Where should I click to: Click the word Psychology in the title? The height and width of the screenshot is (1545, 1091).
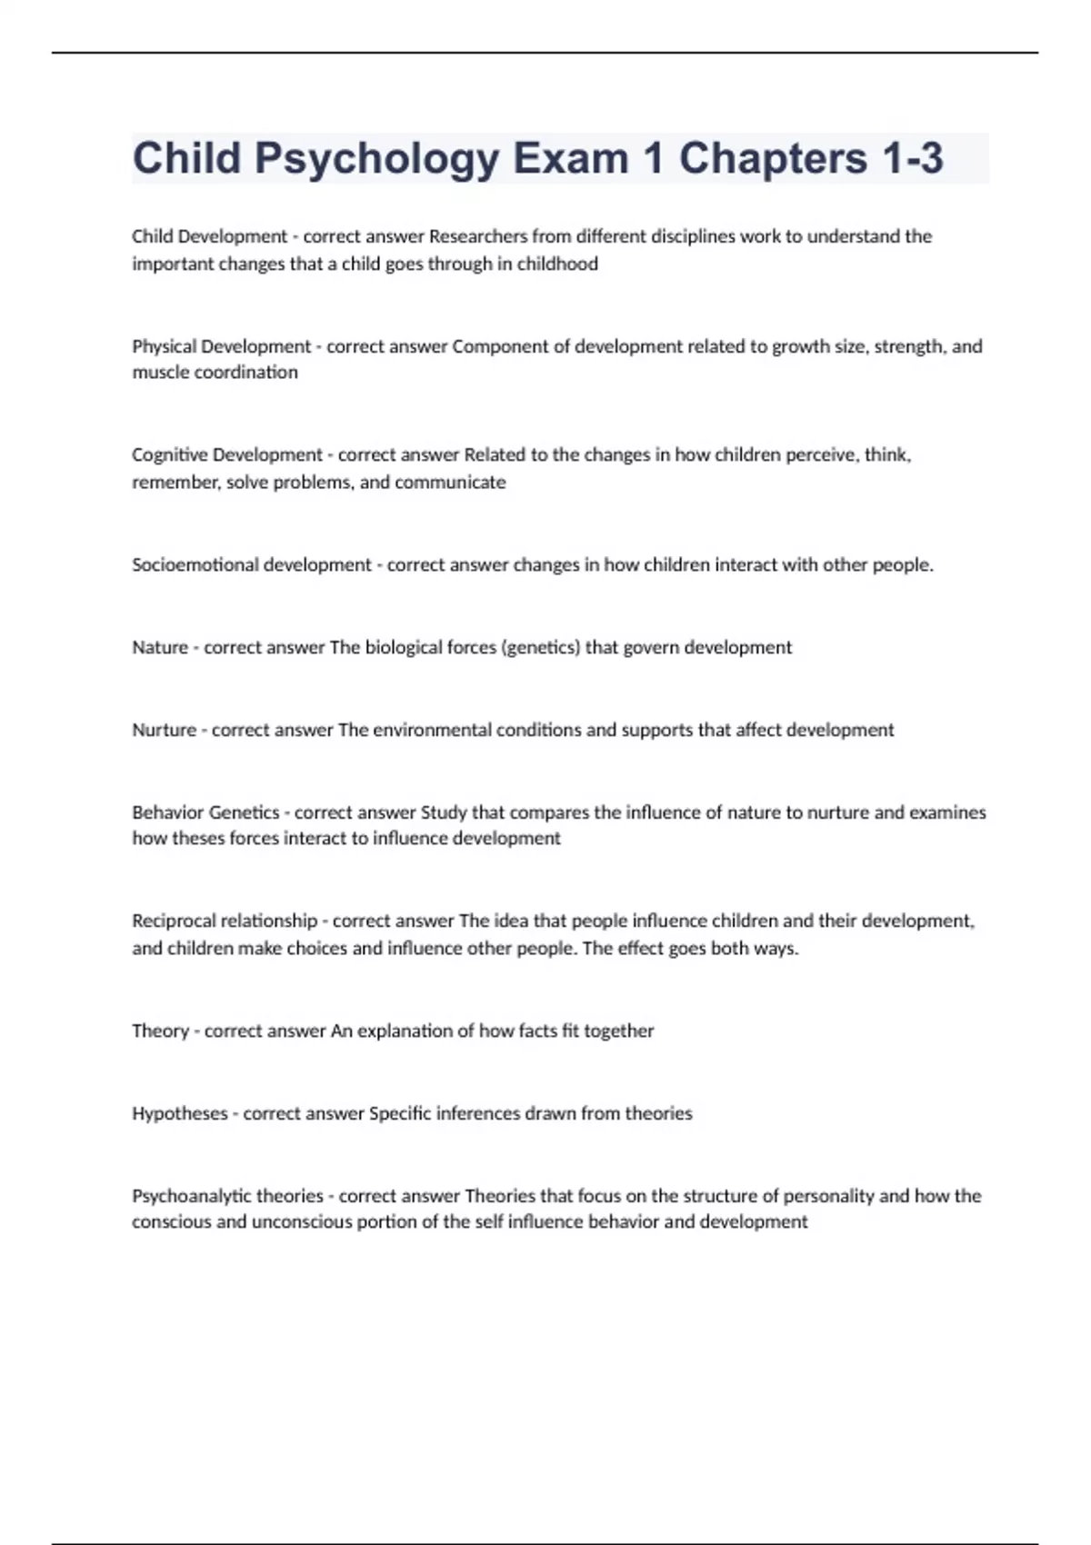tap(376, 159)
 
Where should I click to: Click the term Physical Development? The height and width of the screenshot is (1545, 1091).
tap(222, 346)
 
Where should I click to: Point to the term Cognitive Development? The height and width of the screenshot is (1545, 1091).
tap(227, 454)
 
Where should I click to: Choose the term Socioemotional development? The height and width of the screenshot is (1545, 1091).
tap(252, 564)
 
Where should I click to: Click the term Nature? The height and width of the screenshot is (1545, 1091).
tap(159, 647)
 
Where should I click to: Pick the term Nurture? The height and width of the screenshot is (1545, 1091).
tap(164, 730)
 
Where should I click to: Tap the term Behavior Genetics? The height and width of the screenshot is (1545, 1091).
tap(205, 812)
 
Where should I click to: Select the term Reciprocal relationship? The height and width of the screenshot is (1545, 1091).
tap(225, 921)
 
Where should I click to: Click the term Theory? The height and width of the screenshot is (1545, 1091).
tap(160, 1031)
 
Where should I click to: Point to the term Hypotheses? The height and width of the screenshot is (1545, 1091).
tap(180, 1113)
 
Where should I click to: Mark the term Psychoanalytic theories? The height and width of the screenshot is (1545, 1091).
tap(227, 1196)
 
